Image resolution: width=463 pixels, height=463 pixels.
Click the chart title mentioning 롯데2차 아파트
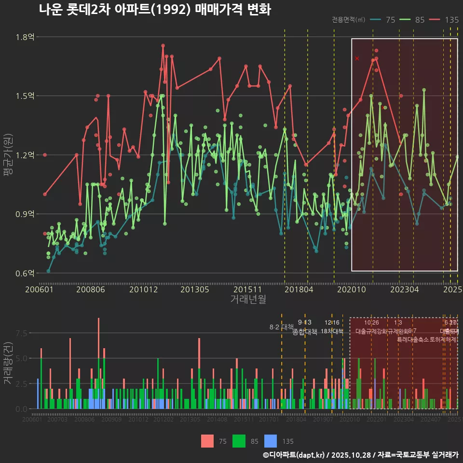pos(154,9)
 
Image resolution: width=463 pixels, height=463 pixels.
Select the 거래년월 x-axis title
pos(248,300)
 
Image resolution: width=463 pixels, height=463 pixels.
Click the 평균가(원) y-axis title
pos(8,155)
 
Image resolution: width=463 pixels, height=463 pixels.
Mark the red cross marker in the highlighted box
pos(357,58)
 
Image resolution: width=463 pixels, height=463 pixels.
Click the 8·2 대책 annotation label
pos(281,327)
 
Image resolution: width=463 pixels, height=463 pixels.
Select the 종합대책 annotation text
pos(305,332)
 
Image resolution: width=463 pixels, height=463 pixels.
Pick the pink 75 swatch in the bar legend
pos(207,441)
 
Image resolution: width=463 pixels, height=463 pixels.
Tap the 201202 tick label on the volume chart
pos(163,420)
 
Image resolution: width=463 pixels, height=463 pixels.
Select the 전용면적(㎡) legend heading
pos(349,20)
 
